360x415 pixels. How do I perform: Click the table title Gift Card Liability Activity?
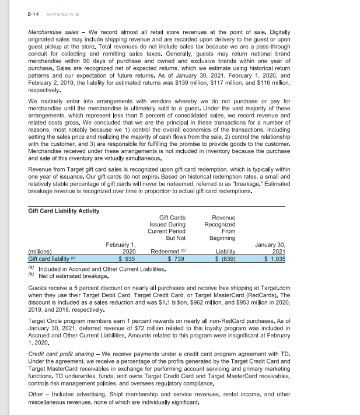pyautogui.click(x=64, y=211)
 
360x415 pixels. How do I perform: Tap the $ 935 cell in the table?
pyautogui.click(x=127, y=258)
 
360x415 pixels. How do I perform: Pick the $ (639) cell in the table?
pyautogui.click(x=224, y=258)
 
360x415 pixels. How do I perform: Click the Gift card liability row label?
pyautogui.click(x=48, y=258)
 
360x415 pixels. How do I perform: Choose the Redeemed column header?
pyautogui.click(x=167, y=251)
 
